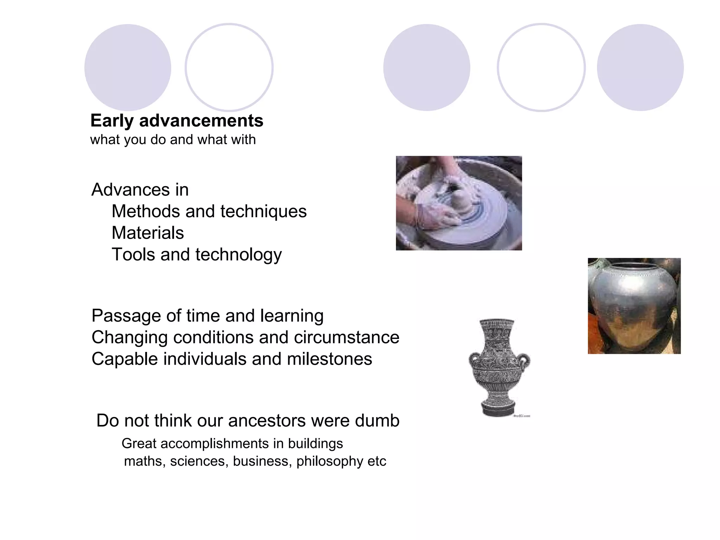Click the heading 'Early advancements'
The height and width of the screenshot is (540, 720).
176,121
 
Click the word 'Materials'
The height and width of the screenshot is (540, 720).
148,233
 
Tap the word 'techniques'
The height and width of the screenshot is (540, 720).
263,211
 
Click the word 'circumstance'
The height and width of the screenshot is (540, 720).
347,337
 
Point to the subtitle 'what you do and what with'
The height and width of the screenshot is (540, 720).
173,140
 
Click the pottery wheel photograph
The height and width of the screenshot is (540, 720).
459,203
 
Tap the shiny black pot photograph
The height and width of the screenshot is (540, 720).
634,306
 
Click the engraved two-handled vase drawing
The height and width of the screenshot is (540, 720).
499,367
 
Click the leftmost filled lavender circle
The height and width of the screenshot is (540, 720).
128,67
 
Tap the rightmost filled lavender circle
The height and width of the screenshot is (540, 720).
640,67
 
